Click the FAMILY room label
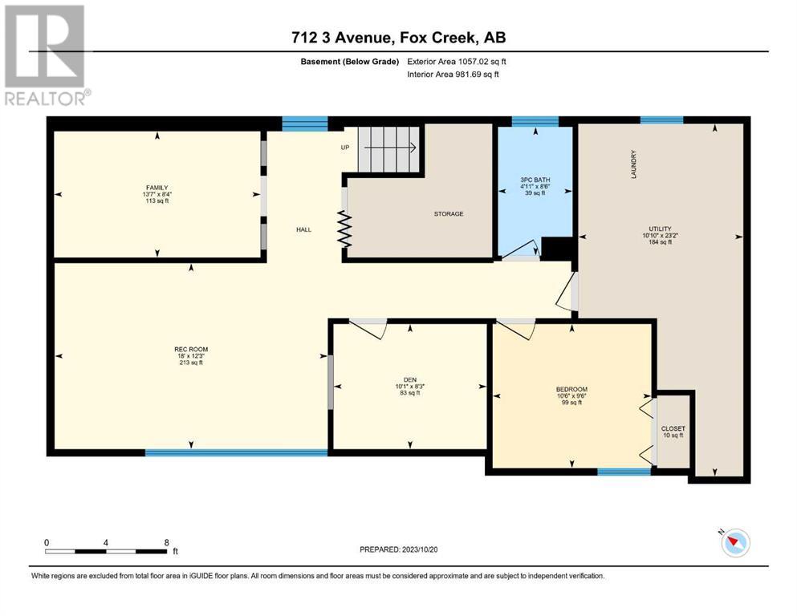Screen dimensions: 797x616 coord(157,188)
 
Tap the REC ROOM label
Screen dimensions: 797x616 coord(191,350)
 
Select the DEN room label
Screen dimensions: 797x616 coord(410,380)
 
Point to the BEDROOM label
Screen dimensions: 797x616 coord(571,390)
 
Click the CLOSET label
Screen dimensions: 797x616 coord(673,428)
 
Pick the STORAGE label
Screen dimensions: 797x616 coord(449,214)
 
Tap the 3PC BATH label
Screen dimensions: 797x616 coord(535,180)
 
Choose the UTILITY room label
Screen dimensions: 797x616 coord(660,229)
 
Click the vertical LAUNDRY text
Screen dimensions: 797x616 coord(633,164)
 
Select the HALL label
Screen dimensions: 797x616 coord(304,229)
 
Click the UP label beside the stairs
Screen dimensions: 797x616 coord(345,148)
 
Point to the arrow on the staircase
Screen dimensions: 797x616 coord(390,148)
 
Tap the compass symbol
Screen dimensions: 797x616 coord(735,542)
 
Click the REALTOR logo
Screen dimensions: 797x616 coord(47,55)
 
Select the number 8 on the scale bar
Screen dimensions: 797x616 coord(167,542)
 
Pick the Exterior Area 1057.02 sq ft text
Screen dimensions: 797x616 coord(457,62)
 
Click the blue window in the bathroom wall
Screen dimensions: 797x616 coord(535,121)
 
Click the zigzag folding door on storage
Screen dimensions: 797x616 coord(345,229)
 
